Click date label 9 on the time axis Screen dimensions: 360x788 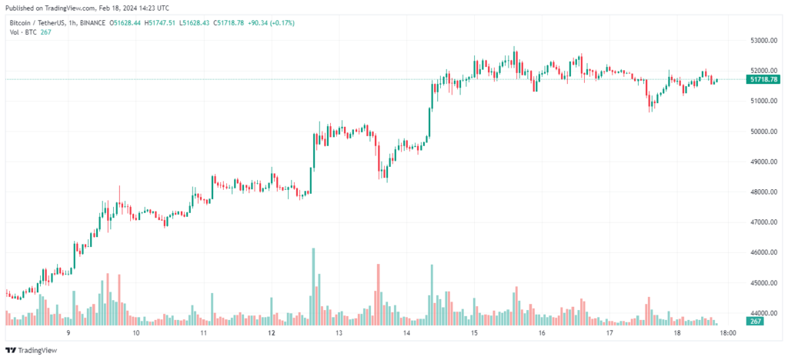coord(68,333)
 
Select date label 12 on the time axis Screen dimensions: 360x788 coord(272,333)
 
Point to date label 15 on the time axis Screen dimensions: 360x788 coord(475,333)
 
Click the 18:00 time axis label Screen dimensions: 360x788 coord(727,333)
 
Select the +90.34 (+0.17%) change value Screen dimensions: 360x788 coord(269,23)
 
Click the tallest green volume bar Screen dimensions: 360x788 coord(313,285)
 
